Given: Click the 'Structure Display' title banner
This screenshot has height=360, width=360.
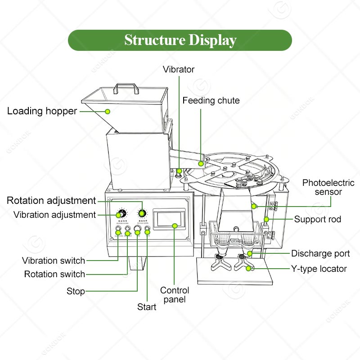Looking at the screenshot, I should tap(180, 40).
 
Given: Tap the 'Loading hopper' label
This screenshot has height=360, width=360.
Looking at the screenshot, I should tap(42, 111).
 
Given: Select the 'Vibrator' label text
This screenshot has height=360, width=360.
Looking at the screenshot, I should tap(179, 69).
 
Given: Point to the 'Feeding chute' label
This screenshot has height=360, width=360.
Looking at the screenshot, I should tap(211, 100).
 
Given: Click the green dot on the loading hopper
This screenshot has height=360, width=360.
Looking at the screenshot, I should tap(108, 111).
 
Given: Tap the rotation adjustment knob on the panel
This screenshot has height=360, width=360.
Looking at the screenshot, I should tap(142, 213).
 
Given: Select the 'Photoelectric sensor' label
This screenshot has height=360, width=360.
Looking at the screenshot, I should tap(328, 187).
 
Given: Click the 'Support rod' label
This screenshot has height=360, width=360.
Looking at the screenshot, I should tap(317, 220).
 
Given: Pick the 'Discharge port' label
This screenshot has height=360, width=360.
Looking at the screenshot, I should tap(320, 253).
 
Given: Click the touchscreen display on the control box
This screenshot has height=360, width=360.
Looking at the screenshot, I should tap(170, 219).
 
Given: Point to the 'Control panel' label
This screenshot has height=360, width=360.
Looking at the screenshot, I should tap(175, 294).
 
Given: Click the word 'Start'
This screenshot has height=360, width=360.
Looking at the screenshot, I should tap(147, 307).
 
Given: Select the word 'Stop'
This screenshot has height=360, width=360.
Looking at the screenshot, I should tap(76, 291).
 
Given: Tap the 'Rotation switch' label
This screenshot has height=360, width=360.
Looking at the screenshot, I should tap(54, 274).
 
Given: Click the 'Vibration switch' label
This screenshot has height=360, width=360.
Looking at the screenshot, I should tap(54, 261).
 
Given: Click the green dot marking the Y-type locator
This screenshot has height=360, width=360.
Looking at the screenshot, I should tap(248, 269).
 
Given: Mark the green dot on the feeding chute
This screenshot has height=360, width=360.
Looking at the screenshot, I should tap(201, 163).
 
